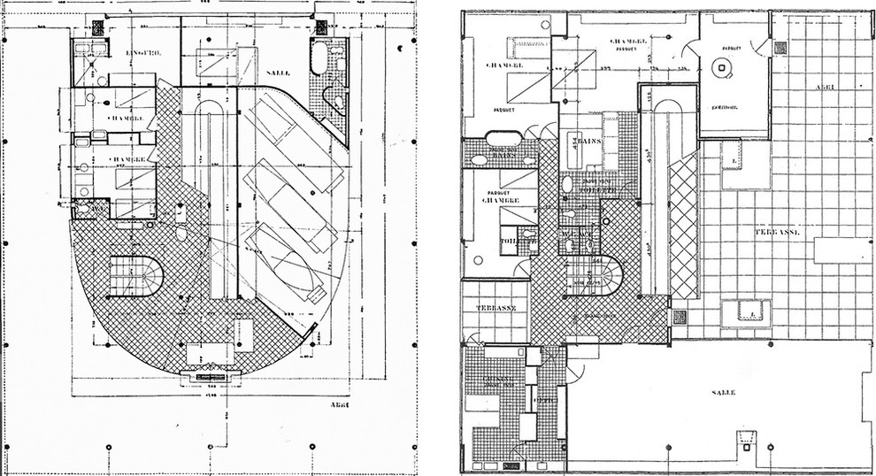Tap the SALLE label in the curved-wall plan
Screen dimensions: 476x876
click(x=279, y=72)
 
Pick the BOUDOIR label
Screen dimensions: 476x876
click(x=726, y=104)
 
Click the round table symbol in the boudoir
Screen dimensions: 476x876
click(x=725, y=67)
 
